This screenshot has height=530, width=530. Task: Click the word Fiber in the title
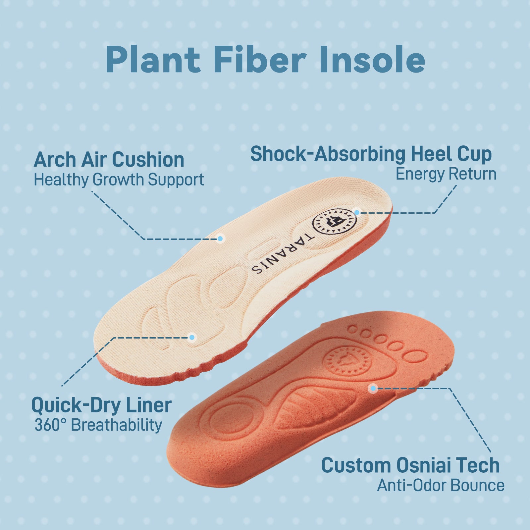tap(260, 60)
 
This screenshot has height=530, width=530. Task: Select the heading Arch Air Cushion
tap(109, 160)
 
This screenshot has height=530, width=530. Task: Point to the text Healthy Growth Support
tap(119, 180)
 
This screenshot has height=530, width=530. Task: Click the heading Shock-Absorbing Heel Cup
tap(371, 154)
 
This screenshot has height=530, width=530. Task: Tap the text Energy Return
tap(446, 174)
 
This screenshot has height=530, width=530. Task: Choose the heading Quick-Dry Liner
tap(101, 405)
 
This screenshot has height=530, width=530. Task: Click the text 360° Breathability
tap(98, 425)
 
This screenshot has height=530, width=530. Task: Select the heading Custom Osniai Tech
tap(410, 465)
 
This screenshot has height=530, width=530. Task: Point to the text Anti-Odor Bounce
tap(441, 486)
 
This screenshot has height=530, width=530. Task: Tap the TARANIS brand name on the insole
tap(282, 253)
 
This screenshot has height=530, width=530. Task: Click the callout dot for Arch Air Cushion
tap(220, 238)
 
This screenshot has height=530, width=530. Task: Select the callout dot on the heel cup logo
tap(357, 212)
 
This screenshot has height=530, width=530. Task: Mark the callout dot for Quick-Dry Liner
tap(191, 338)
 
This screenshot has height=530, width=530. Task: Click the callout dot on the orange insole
tap(373, 388)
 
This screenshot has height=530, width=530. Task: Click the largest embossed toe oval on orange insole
tap(415, 356)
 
